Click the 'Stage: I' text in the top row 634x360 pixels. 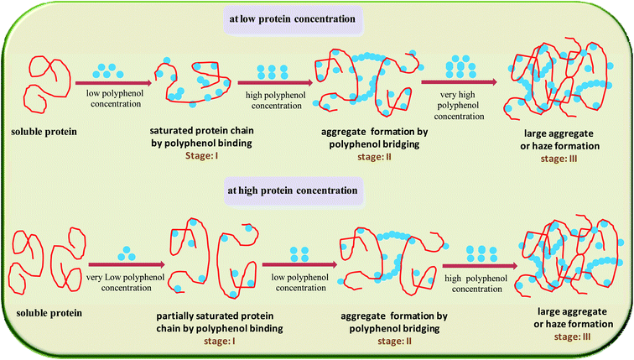coord(199,157)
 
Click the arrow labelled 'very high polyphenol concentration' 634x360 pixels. coord(457,82)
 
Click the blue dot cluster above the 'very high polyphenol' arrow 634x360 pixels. coord(459,65)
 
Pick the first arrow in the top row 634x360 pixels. coord(113,82)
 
